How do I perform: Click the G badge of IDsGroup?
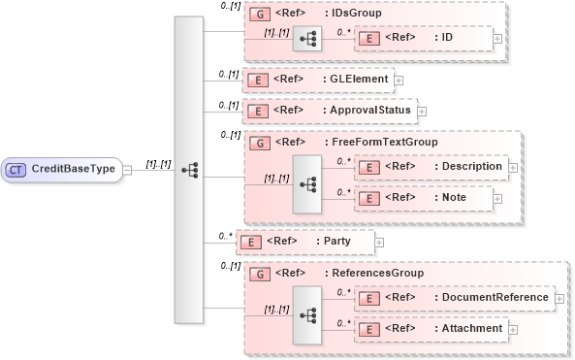[x=259, y=15]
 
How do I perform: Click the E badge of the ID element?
[x=368, y=38]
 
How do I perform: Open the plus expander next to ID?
[x=497, y=39]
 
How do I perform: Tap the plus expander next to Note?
[x=497, y=199]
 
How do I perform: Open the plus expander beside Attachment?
[x=513, y=330]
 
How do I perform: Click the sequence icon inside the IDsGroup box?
[x=307, y=39]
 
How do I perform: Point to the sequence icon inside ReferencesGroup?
[x=307, y=314]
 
